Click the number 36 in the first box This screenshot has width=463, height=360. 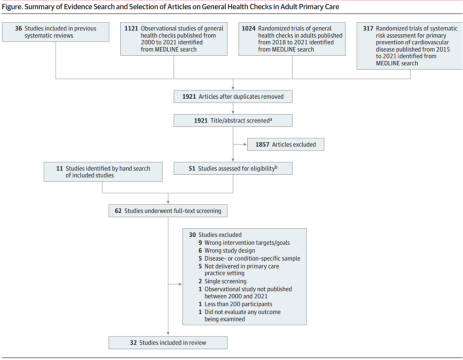[x=19, y=29]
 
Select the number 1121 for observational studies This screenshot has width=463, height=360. [x=131, y=29]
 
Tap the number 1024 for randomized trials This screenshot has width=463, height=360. [x=249, y=29]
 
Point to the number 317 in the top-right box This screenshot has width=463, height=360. [x=368, y=29]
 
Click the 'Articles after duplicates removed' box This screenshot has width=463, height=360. [x=233, y=97]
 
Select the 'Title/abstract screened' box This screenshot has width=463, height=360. [x=233, y=120]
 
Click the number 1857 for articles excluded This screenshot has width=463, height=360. [x=263, y=145]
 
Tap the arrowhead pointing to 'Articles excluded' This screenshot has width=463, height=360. [x=245, y=145]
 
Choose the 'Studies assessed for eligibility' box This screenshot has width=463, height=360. [x=233, y=169]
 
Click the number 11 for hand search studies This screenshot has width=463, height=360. [x=59, y=169]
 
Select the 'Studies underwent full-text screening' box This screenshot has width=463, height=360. [x=168, y=211]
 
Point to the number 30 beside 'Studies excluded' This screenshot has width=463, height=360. [x=192, y=235]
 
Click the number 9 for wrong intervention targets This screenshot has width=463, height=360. [x=200, y=243]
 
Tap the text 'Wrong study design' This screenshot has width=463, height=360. [x=230, y=251]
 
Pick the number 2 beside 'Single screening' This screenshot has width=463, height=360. [x=200, y=281]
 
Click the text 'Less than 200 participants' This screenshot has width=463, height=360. [x=238, y=304]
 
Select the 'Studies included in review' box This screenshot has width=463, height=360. [x=168, y=342]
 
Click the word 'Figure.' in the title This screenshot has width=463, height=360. [x=12, y=7]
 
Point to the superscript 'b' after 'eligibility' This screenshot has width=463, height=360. [x=276, y=167]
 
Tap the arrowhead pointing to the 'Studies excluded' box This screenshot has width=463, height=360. [x=180, y=284]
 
